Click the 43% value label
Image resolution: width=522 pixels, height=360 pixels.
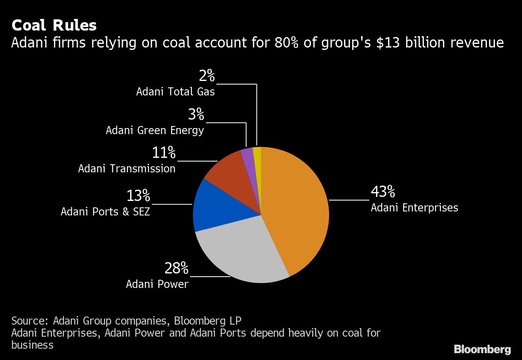[383, 192]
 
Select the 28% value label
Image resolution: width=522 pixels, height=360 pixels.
[176, 268]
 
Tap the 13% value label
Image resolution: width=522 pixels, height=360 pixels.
[138, 196]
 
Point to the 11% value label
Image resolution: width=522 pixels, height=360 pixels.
[164, 153]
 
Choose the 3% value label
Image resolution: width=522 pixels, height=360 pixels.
[196, 115]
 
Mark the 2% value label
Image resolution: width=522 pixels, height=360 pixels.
[207, 76]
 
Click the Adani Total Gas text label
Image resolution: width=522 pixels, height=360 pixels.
[176, 92]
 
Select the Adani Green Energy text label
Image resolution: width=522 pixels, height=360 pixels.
[155, 130]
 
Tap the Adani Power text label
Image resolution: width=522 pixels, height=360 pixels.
[157, 284]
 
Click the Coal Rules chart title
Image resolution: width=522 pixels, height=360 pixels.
[54, 25]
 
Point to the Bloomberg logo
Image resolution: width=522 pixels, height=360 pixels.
[482, 349]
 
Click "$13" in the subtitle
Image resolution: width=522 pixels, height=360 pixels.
[386, 42]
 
